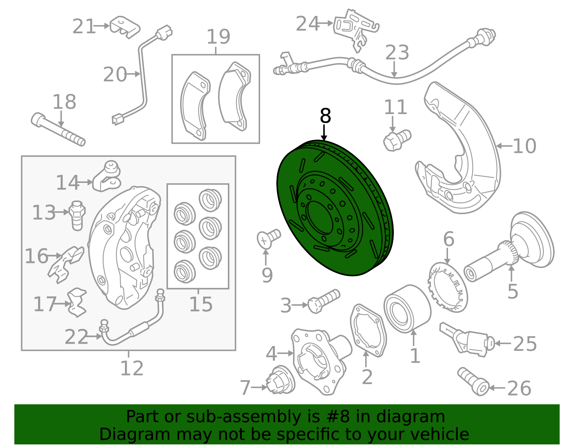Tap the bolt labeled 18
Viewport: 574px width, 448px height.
[58, 129]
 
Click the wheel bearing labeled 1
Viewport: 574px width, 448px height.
[407, 308]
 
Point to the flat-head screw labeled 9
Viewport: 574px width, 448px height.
[268, 239]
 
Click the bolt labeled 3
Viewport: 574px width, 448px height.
[324, 301]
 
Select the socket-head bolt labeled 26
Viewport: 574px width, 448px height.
[473, 382]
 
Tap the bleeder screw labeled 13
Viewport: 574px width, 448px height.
[77, 216]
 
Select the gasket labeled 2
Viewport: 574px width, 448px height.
[368, 330]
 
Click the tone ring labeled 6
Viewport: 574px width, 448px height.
[447, 288]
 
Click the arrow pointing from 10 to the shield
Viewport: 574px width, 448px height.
[504, 146]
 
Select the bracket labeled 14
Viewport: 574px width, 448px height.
[107, 176]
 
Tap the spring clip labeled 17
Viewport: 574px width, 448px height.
[77, 302]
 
